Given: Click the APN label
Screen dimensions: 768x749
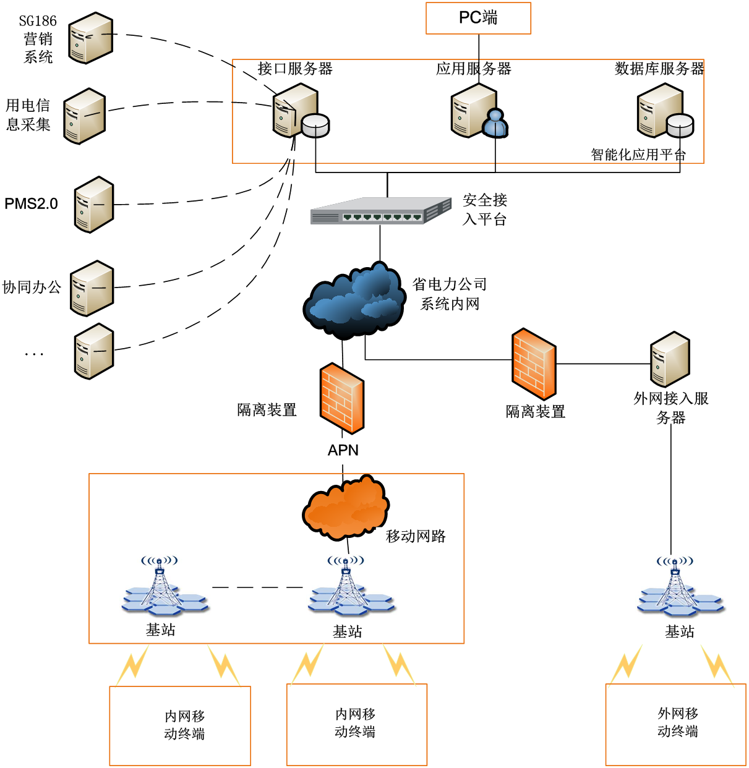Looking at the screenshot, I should [x=343, y=451].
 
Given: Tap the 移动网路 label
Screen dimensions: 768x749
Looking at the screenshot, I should [x=416, y=537].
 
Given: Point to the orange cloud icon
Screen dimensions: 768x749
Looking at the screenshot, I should [x=345, y=507].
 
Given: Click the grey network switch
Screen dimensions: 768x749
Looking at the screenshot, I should [x=381, y=211].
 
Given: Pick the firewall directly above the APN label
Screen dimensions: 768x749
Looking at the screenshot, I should [x=342, y=398].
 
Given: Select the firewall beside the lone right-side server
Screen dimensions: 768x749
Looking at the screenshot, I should [x=534, y=364].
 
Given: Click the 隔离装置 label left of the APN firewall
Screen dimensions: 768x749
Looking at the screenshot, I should [x=267, y=410].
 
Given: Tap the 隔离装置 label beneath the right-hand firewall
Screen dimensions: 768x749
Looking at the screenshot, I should [x=536, y=412].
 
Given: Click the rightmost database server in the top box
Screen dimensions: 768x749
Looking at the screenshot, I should [x=665, y=111].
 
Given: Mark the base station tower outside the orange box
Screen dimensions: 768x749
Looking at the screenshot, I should [x=681, y=587].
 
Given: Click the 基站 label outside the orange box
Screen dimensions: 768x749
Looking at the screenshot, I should [x=680, y=632].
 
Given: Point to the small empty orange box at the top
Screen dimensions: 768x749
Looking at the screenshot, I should [x=478, y=19].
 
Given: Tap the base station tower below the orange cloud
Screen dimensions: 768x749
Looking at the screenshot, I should [x=352, y=586].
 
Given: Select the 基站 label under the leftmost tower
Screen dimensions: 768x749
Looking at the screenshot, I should [x=161, y=630].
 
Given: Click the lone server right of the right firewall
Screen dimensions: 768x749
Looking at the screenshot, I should [x=670, y=359].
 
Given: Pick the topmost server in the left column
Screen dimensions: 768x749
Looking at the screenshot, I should [x=91, y=38].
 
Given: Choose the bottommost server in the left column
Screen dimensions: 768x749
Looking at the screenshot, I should [x=94, y=351].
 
